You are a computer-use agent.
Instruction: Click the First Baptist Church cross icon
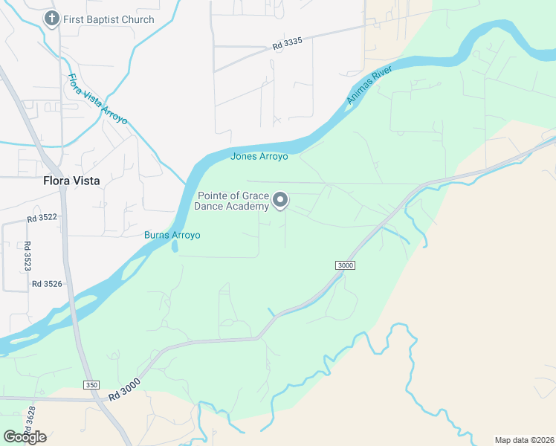pyautogui.click(x=51, y=19)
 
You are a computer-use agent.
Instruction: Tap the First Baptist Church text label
pyautogui.click(x=109, y=19)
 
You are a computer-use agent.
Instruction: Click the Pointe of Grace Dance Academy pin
pyautogui.click(x=280, y=200)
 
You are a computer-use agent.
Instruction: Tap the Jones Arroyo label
pyautogui.click(x=259, y=156)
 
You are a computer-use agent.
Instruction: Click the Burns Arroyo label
pyautogui.click(x=172, y=235)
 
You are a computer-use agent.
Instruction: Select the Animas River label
pyautogui.click(x=369, y=85)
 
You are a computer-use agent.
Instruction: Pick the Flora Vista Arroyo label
pyautogui.click(x=97, y=99)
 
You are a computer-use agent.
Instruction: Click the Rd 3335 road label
pyautogui.click(x=287, y=45)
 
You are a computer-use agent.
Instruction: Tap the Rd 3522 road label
pyautogui.click(x=42, y=218)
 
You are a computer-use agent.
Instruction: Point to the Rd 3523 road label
pyautogui.click(x=27, y=255)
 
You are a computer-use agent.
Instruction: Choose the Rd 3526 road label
pyautogui.click(x=47, y=284)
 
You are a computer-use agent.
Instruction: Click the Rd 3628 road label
pyautogui.click(x=30, y=419)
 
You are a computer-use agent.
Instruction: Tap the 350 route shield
pyautogui.click(x=91, y=385)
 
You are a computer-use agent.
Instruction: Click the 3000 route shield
pyautogui.click(x=345, y=265)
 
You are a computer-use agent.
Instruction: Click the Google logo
pyautogui.click(x=25, y=437)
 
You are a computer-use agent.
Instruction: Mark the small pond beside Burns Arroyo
pyautogui.click(x=175, y=245)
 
